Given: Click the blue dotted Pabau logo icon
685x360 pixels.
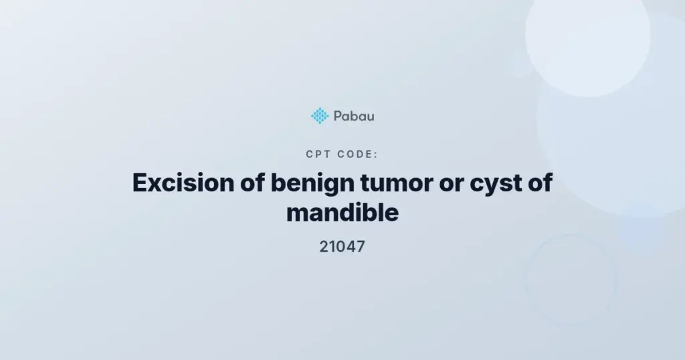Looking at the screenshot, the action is coord(320,116).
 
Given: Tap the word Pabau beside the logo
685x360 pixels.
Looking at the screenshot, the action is coord(354,116).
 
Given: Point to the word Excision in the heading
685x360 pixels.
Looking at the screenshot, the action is coord(183,183).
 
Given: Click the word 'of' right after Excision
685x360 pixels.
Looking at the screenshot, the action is coord(252,182).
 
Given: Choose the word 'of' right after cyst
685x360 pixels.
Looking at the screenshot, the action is coord(541,182).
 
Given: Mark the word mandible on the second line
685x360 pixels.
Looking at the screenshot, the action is coord(342,213).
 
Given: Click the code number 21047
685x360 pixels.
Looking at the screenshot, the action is coord(342,247).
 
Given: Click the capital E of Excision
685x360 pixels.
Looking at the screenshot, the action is coord(140,183).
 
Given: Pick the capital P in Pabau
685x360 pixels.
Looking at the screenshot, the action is coord(338,116).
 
